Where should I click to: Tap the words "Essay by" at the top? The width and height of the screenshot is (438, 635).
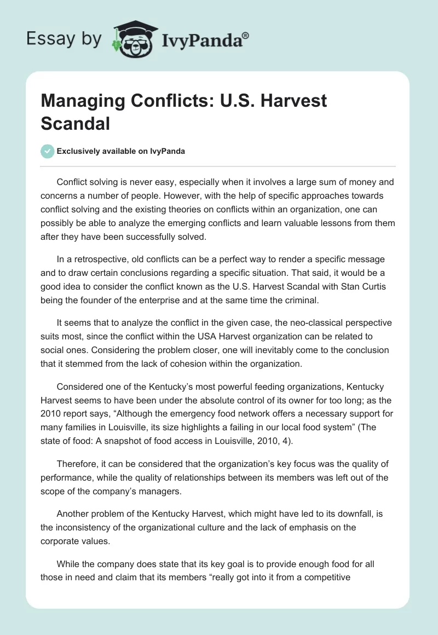pos(65,38)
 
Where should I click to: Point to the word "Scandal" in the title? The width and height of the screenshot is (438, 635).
pos(76,124)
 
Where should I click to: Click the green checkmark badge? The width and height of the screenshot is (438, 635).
pos(48,151)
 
